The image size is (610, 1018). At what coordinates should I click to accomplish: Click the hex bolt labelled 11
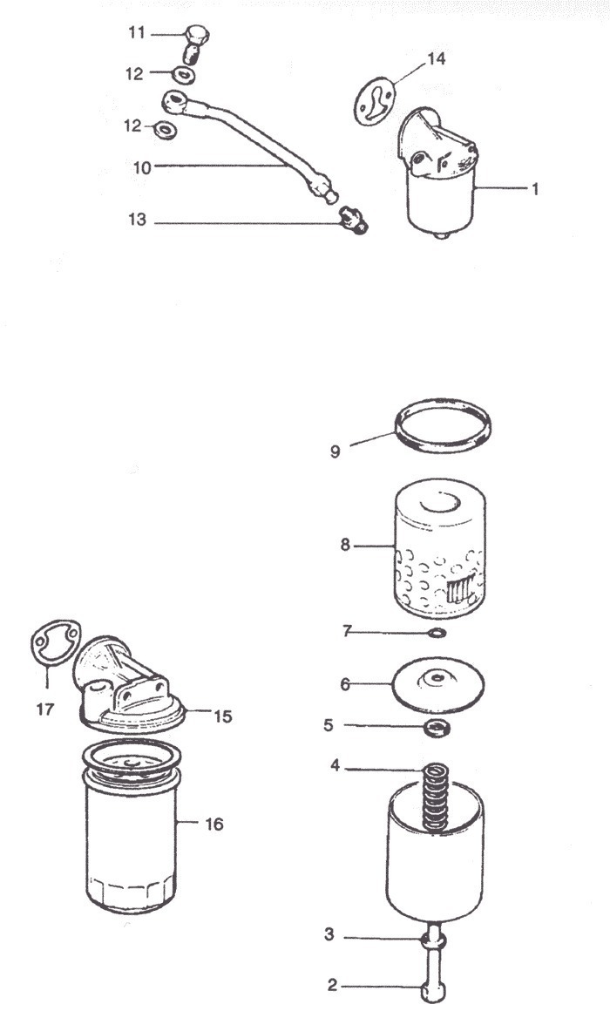pos(197,40)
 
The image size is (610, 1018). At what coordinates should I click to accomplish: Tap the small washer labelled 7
pos(439,631)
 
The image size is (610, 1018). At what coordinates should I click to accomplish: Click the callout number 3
pos(329,935)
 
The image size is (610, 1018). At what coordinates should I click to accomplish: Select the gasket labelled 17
pos(54,645)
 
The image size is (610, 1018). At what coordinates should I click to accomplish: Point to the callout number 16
pos(213,824)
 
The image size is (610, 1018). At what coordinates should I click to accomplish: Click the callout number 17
pos(44,709)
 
